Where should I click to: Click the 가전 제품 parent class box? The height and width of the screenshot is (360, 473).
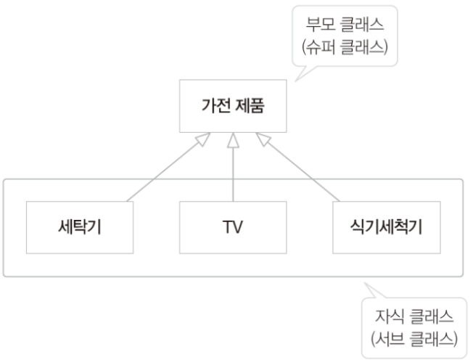pyautogui.click(x=232, y=109)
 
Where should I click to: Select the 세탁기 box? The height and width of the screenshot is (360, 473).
pyautogui.click(x=80, y=226)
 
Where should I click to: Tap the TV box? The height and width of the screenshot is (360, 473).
pyautogui.click(x=232, y=226)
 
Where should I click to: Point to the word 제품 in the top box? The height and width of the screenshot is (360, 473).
pyautogui.click(x=249, y=109)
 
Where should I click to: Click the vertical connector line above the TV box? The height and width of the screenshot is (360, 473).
pyautogui.click(x=232, y=174)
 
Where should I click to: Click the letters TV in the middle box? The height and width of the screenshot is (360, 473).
pyautogui.click(x=232, y=226)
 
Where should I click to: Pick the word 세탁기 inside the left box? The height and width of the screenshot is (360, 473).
pyautogui.click(x=80, y=226)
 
